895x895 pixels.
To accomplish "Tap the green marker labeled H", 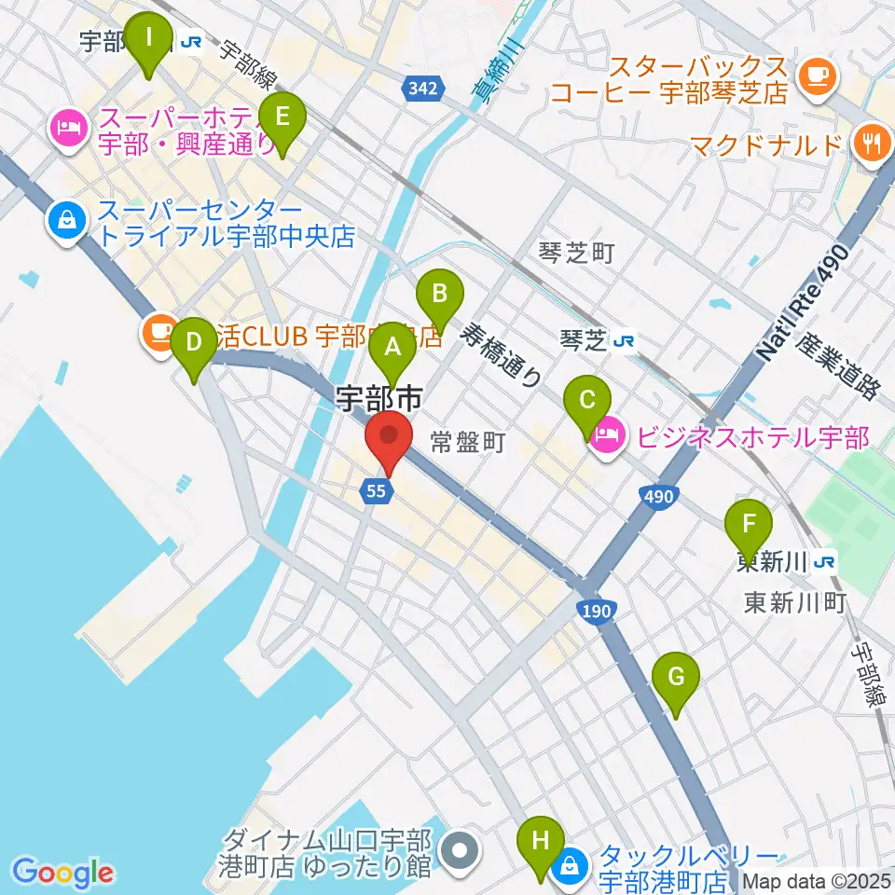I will [x=541, y=843].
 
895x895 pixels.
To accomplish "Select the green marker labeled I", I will [x=147, y=42].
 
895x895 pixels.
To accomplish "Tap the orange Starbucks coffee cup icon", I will [x=818, y=73].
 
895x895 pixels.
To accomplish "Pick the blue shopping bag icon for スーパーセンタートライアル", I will [x=69, y=221].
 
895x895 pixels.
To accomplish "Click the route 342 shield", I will [x=421, y=89].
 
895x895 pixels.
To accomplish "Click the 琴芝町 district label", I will [x=577, y=252].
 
